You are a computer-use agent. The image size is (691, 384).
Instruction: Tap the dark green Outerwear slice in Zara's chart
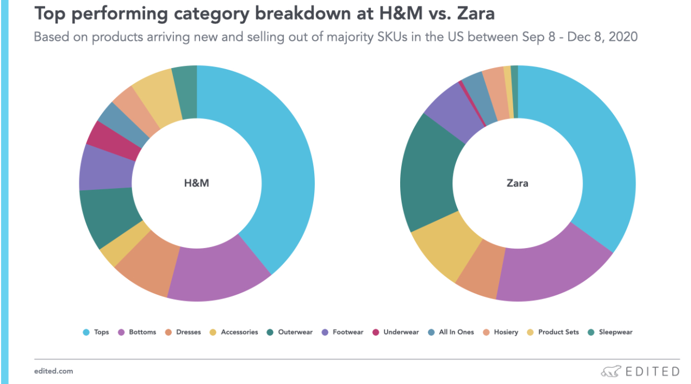pos(427,174)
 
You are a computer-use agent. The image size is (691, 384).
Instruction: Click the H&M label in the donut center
pos(196,183)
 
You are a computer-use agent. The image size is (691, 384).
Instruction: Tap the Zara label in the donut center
pos(517,183)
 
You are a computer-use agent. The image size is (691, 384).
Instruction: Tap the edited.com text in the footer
pos(53,371)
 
